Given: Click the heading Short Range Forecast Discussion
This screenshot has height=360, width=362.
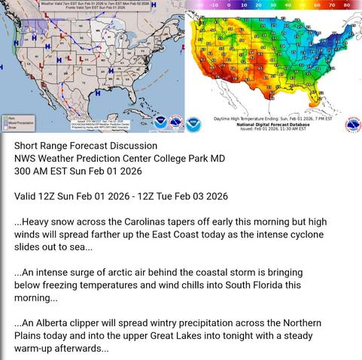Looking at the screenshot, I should point(86,145).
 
